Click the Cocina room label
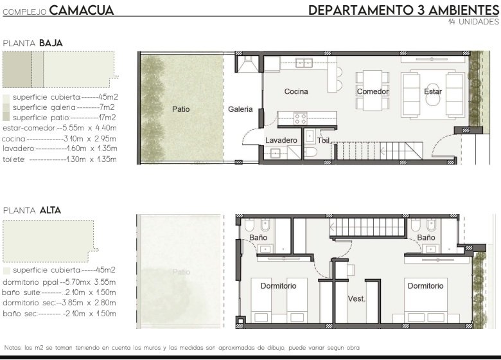tap(296, 91)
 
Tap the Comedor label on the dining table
tap(373, 91)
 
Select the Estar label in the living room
tap(433, 91)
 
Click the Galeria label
tap(240, 109)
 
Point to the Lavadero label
tap(281, 140)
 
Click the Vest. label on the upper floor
tap(356, 299)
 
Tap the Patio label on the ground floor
tap(181, 109)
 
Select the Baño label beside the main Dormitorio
tap(258, 238)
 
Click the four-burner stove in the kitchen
tap(301, 119)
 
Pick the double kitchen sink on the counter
tap(304, 62)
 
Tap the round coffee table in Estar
tap(433, 100)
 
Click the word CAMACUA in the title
tap(82, 10)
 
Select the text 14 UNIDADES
tap(473, 22)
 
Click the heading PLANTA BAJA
tap(33, 43)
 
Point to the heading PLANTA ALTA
tap(32, 210)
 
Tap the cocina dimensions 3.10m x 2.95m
tap(90, 139)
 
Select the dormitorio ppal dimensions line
tap(59, 282)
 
